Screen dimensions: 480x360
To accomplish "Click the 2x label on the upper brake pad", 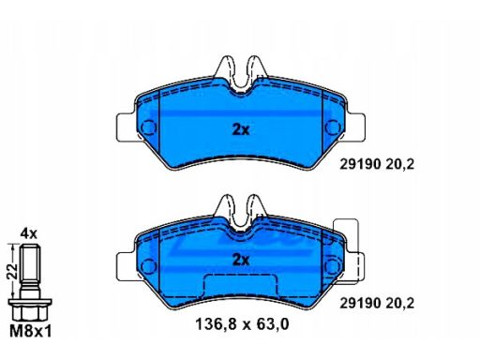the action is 241,129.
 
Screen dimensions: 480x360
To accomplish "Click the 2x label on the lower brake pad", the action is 241,260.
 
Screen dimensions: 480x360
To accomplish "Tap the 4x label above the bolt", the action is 28,233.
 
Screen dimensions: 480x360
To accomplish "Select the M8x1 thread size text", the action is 31,331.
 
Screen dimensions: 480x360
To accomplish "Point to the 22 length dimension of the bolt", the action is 12,271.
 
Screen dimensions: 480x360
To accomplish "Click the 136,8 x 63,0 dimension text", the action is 242,324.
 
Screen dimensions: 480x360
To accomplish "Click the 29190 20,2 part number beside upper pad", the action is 377,164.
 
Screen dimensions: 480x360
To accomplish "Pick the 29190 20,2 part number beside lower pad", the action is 377,303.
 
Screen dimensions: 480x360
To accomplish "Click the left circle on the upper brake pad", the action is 148,127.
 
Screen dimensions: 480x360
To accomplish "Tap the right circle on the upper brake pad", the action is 333,127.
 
